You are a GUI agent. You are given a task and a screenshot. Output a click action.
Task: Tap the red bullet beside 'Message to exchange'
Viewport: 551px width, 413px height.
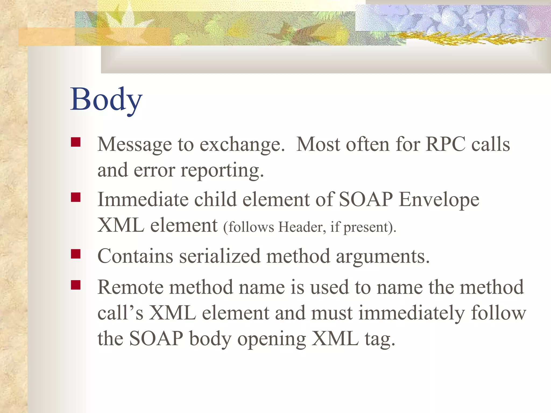[x=76, y=142]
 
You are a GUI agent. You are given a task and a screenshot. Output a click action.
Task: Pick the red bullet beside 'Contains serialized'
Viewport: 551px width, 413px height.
[x=76, y=254]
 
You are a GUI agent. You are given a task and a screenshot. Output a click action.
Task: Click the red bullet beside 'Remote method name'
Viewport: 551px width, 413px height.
[x=76, y=285]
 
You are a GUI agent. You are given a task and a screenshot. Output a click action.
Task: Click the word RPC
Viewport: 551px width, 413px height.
[x=445, y=144]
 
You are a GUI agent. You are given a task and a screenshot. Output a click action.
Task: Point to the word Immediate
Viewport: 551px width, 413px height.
[x=143, y=200]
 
